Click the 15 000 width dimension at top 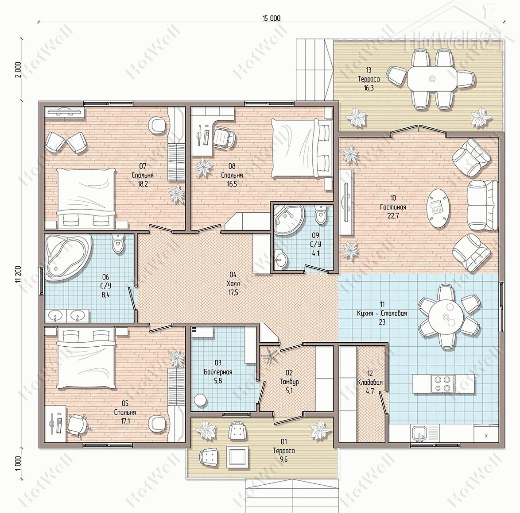click(271, 18)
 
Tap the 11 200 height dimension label click(18, 274)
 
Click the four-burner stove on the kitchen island click(443, 383)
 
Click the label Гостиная click(393, 207)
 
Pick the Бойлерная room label click(218, 372)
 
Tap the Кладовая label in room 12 click(370, 383)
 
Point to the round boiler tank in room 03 click(200, 400)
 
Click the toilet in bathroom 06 click(118, 243)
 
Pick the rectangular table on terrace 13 click(432, 79)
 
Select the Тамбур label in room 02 click(289, 382)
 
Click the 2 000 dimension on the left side click(18, 70)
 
